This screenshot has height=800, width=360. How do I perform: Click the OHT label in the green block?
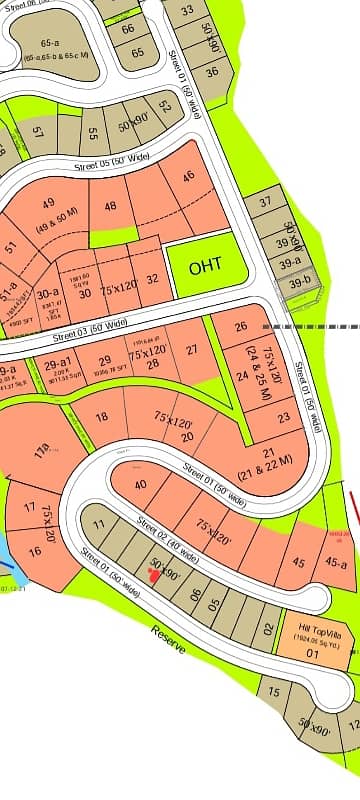click(204, 267)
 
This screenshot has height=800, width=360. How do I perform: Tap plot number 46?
click(188, 177)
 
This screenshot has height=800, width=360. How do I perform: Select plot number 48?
click(110, 207)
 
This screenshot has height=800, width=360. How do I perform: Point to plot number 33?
click(187, 10)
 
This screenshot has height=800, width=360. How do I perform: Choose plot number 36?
click(212, 72)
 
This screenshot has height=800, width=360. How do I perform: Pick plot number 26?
click(240, 327)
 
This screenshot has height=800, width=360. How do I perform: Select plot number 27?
click(192, 349)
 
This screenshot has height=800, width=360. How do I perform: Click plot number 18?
click(101, 418)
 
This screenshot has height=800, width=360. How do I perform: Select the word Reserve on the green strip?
click(169, 639)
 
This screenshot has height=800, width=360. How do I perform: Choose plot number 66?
click(128, 28)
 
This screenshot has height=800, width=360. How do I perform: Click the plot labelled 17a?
click(41, 453)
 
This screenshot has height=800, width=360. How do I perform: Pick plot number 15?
click(274, 689)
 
